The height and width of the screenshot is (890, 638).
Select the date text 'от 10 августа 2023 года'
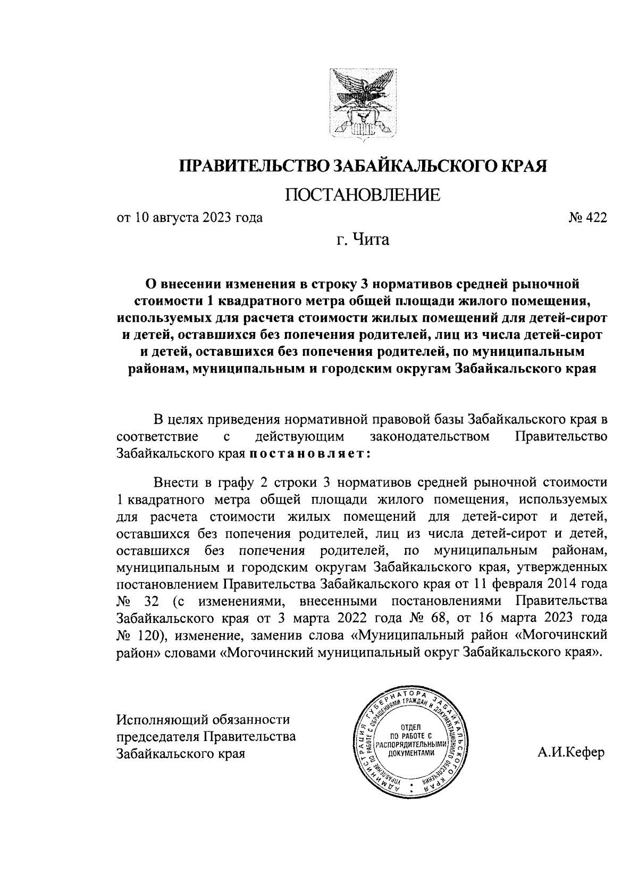[190, 218]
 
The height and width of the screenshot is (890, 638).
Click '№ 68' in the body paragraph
[424, 619]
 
